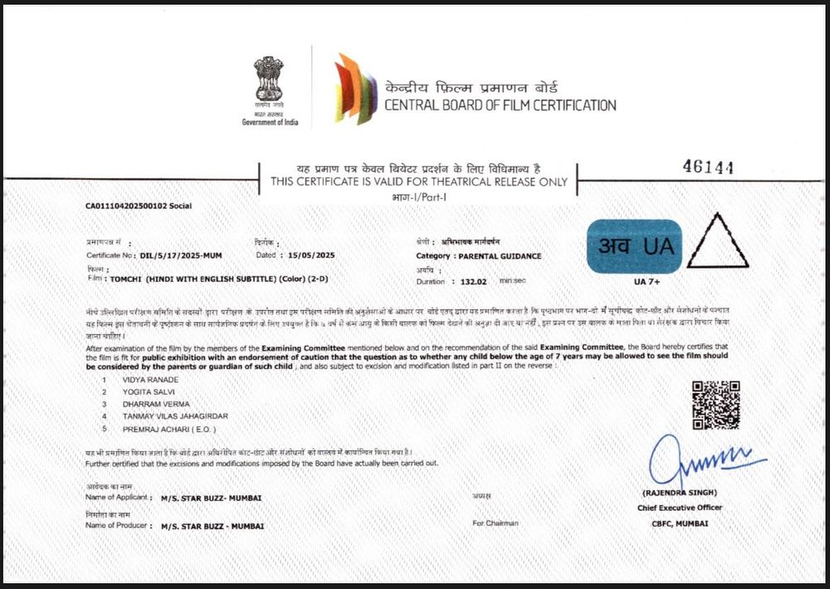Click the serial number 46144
708,167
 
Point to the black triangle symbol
717,243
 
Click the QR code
715,405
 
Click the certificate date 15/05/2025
312,256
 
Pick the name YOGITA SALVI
146,392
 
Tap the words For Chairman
496,523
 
